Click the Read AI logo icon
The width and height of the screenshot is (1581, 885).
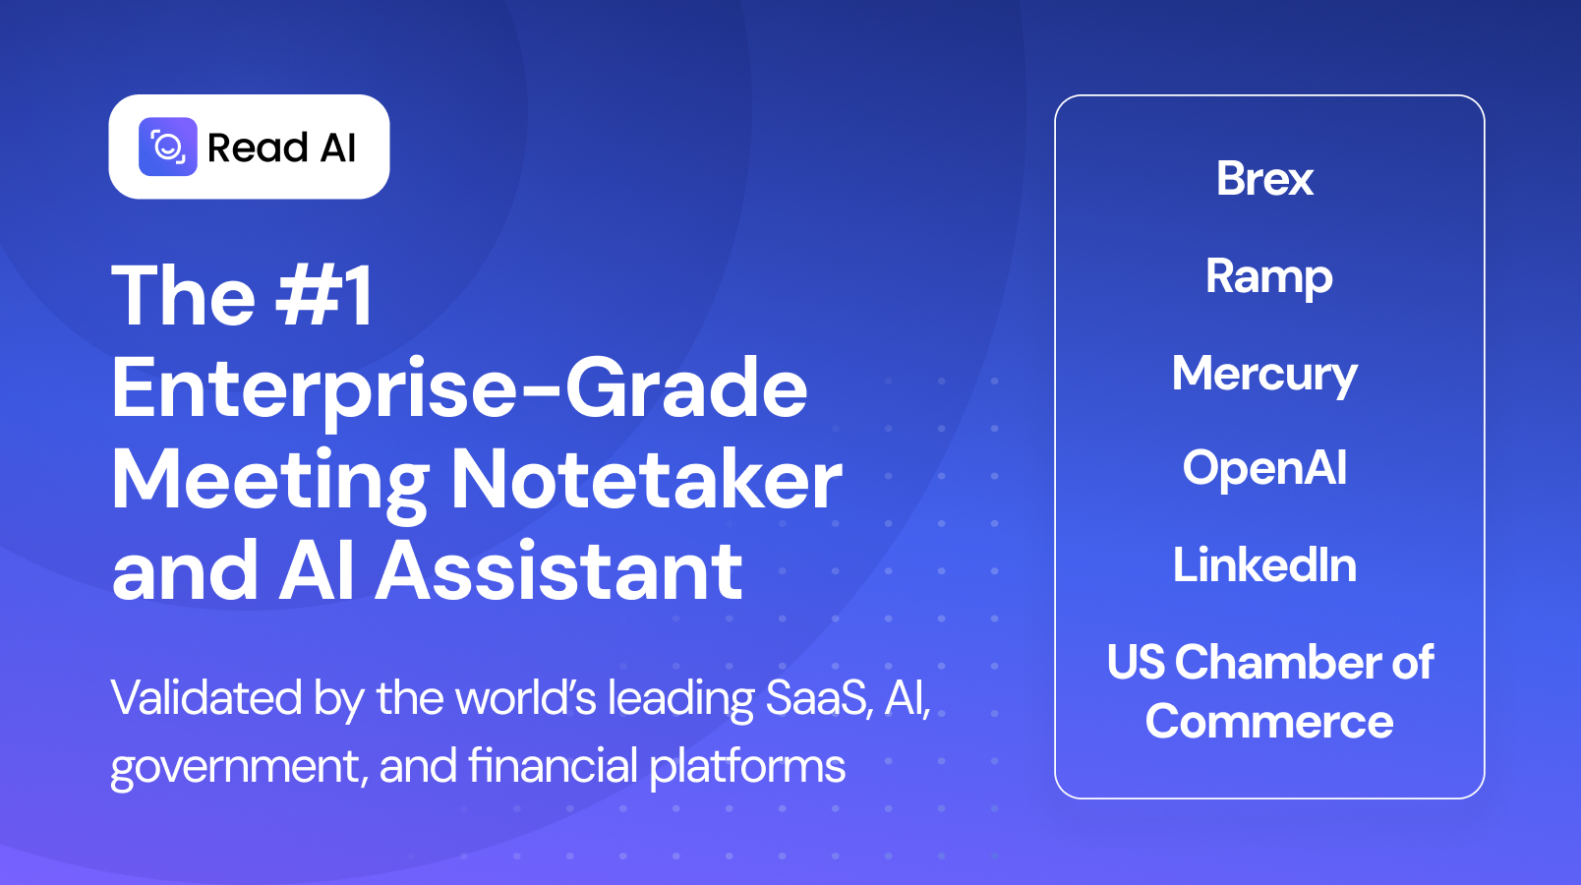168,147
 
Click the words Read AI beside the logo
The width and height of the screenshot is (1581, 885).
281,148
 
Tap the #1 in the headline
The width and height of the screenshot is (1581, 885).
325,295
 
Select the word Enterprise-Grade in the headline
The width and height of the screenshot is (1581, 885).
459,388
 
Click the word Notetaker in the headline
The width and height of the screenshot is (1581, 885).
646,481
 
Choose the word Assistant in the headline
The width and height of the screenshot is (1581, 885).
559,571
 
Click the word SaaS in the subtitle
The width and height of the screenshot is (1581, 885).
818,698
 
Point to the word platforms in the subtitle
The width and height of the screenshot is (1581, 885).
747,767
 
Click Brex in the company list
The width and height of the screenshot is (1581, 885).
1265,179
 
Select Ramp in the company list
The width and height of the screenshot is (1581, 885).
1268,276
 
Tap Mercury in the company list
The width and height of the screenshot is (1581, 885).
1265,375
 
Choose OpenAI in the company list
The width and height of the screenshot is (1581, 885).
1265,468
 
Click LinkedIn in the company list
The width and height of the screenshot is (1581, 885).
1265,565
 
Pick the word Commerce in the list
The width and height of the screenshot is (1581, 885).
1269,723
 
